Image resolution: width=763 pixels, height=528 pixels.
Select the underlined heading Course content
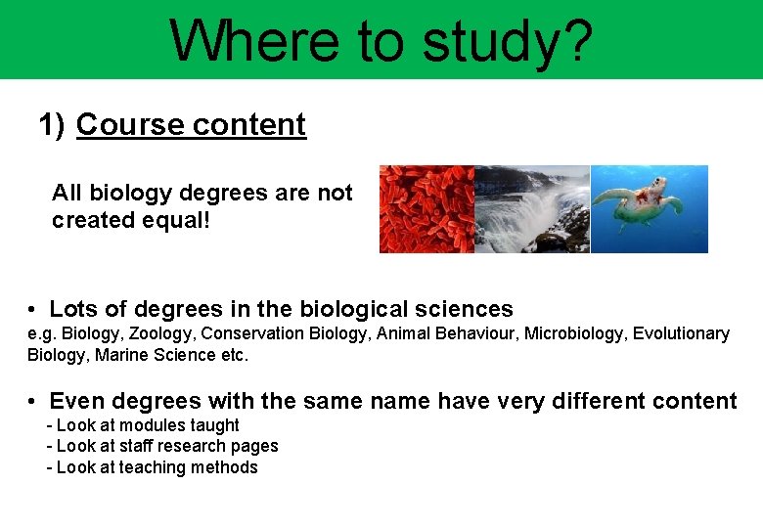(x=191, y=125)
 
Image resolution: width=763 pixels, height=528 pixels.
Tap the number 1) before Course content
(x=52, y=125)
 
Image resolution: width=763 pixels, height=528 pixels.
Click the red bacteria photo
(x=426, y=208)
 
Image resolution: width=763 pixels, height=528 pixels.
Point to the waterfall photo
(x=531, y=208)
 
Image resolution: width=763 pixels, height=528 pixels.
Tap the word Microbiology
(x=574, y=333)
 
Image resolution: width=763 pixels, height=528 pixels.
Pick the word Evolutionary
(x=681, y=333)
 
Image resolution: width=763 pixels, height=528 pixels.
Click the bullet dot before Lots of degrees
(x=33, y=310)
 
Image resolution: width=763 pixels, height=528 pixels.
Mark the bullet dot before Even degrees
(x=33, y=402)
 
